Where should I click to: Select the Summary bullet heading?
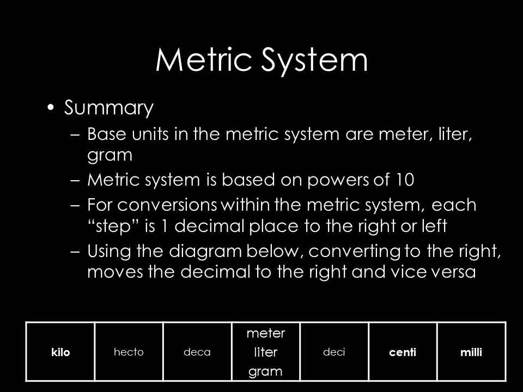pos(109,108)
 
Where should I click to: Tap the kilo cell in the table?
pos(62,352)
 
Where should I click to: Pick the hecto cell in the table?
pos(129,352)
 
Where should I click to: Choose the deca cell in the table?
pos(197,352)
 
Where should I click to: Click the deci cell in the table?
pos(334,352)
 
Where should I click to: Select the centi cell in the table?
pos(403,352)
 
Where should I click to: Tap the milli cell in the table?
pos(471,352)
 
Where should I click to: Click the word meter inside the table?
pos(266,332)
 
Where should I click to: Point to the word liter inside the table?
pos(266,352)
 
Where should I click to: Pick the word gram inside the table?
pos(266,372)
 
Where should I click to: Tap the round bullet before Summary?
pos(51,108)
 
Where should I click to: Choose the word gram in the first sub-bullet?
pos(110,155)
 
